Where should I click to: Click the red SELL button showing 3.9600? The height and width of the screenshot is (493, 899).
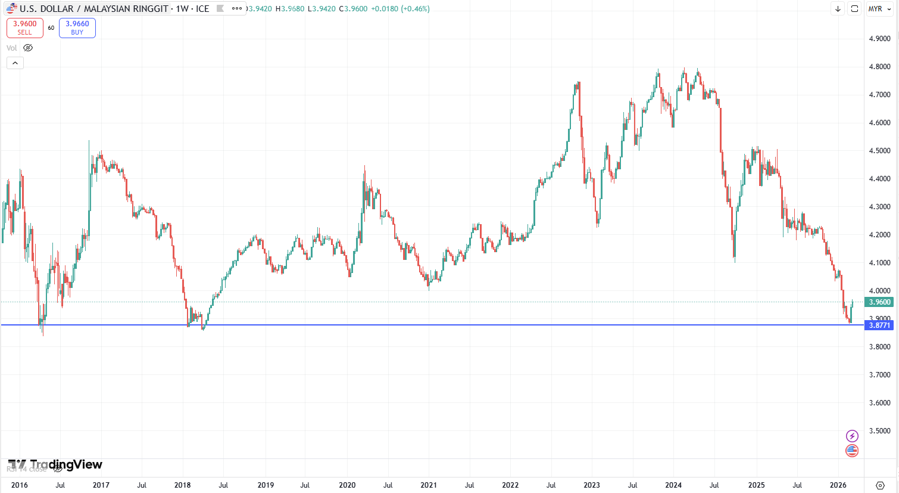point(25,27)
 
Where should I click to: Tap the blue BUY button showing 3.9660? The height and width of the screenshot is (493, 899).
point(77,27)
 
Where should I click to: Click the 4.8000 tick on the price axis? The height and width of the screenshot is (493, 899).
point(879,67)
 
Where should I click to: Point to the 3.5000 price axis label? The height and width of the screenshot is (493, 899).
point(879,431)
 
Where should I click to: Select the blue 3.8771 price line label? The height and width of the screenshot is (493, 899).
point(880,325)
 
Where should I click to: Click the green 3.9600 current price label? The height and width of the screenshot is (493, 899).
point(880,302)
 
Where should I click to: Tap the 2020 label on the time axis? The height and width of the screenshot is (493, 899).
point(347,485)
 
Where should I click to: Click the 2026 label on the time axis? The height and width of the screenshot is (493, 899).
point(838,485)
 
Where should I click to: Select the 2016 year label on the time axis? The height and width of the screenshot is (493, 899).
point(20,485)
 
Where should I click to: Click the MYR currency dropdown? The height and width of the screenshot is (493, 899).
point(879,9)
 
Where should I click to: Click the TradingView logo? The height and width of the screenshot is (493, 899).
point(55,464)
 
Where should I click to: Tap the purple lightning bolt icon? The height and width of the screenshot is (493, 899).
point(852,436)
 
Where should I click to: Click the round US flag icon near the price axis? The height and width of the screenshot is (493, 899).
point(852,451)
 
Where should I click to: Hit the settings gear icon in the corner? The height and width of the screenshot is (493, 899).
point(881,485)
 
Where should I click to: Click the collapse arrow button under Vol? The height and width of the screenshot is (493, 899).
point(15,63)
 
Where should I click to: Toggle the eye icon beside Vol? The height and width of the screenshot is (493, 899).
point(28,48)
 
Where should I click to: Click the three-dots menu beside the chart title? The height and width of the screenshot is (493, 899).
point(237,8)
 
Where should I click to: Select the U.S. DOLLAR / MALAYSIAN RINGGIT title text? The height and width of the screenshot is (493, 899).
point(93,9)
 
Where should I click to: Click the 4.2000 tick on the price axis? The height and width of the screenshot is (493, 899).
point(879,235)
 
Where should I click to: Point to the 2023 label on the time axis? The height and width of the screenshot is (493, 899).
point(592,485)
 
